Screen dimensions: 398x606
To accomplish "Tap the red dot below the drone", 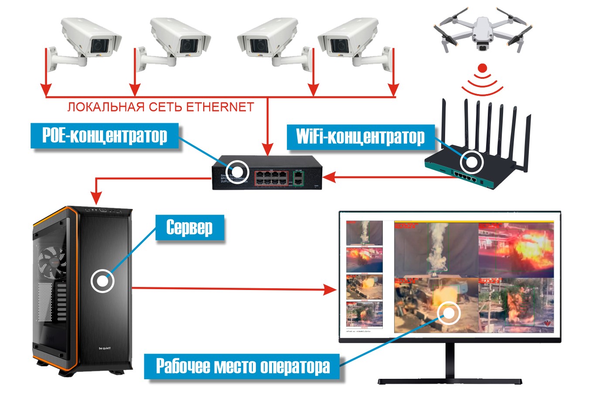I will point(482,68).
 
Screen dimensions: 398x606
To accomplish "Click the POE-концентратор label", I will point(105,136).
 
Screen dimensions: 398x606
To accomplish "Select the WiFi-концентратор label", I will point(360,137).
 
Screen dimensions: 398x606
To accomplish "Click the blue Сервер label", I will point(190,227).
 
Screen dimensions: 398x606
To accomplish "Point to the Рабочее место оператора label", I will point(243,366).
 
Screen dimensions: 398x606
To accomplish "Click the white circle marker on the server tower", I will point(102,281).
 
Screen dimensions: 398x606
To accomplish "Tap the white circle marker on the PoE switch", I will point(238,171).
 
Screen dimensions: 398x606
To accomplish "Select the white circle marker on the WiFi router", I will point(472,162).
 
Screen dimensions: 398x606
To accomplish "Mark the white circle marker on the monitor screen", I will point(449,313).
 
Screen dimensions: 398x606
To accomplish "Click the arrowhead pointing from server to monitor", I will point(331,289).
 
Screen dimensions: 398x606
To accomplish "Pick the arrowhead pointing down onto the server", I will point(97,198).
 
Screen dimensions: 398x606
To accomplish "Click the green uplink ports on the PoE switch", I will point(298,178).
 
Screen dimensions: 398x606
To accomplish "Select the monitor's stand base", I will point(449,381).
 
